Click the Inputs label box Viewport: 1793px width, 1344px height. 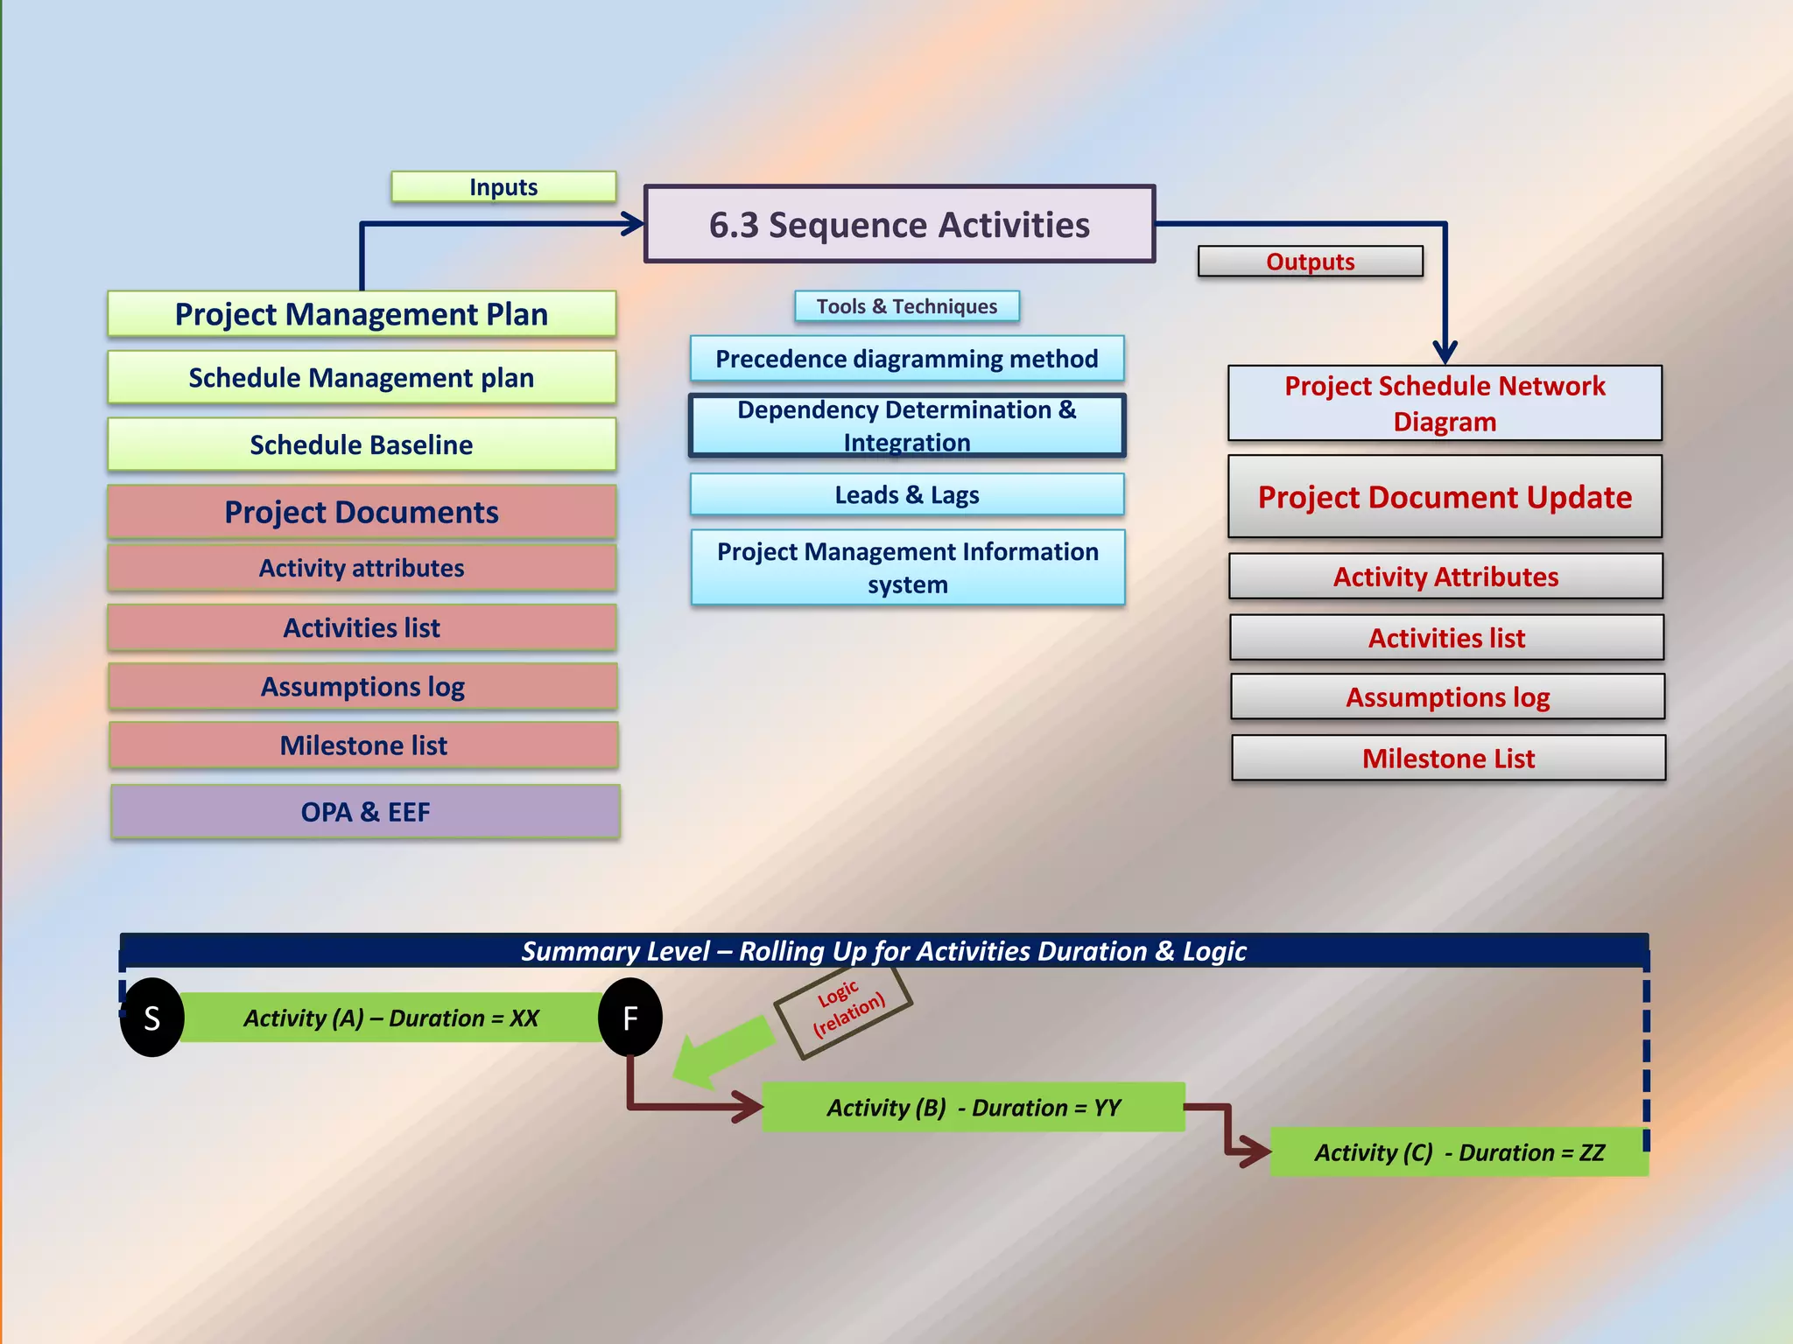tap(503, 187)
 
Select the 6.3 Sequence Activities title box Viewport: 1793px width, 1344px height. tap(899, 225)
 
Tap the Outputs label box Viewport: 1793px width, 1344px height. tap(1310, 262)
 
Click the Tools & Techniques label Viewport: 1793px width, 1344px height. tap(907, 306)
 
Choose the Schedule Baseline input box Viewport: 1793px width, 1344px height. tap(362, 444)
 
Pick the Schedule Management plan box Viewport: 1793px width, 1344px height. tap(362, 378)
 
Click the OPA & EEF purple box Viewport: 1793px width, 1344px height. tap(365, 812)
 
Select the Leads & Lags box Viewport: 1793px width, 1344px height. tap(907, 495)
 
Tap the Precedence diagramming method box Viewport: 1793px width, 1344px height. tap(907, 359)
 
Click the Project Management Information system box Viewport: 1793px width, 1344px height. tap(908, 568)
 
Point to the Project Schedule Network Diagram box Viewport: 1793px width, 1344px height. tap(1445, 403)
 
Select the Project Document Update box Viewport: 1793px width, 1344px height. tap(1445, 497)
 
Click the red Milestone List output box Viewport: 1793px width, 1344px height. tap(1448, 758)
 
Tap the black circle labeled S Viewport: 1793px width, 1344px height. tap(152, 1018)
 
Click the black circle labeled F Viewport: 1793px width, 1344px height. tap(630, 1018)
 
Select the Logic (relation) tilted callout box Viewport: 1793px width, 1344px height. tap(844, 1011)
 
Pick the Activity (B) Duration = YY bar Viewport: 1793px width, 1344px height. tap(974, 1108)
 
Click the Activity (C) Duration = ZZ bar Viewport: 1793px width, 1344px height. tap(1459, 1152)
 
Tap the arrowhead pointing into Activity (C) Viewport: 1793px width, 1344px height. tap(1256, 1151)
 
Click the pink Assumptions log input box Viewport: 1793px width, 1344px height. tap(362, 687)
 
